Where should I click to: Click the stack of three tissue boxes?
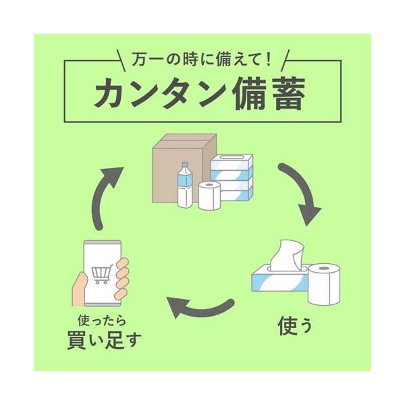tap(232, 177)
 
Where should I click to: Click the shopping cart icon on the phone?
tap(101, 273)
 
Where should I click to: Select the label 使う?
tap(295, 326)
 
